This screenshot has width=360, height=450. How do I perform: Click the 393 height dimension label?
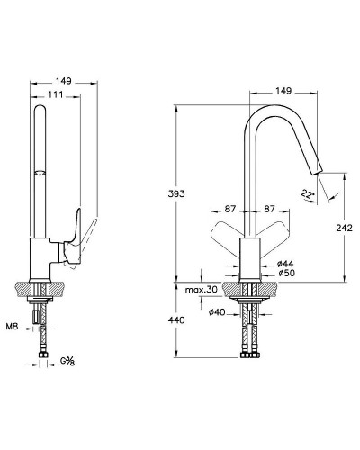coord(176,193)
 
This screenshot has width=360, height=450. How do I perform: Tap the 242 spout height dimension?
coord(344,229)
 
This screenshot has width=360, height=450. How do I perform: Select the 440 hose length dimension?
coord(176,320)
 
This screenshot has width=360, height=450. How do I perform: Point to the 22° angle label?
coord(308,194)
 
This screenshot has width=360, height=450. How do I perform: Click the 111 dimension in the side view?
coord(56,94)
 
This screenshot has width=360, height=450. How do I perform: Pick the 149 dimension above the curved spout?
coord(283,91)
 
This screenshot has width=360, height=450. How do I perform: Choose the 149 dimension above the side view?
coord(63,81)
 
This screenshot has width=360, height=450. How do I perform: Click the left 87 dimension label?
coord(230,209)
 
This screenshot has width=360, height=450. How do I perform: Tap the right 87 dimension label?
coord(269,209)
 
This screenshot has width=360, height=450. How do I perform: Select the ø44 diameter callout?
coord(285,264)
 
